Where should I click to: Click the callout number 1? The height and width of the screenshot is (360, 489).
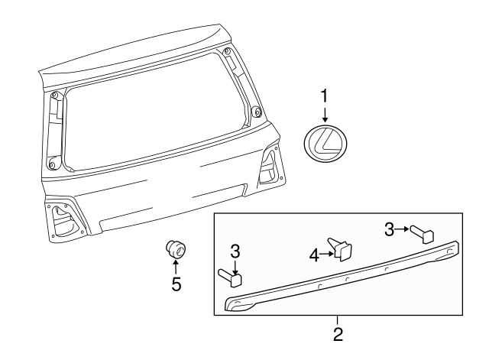(325, 96)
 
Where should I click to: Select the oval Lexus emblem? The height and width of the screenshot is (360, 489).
(325, 143)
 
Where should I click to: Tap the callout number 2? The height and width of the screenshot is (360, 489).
(338, 334)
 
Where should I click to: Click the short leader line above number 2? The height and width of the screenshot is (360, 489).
(338, 319)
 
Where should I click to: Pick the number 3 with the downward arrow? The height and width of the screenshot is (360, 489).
(235, 251)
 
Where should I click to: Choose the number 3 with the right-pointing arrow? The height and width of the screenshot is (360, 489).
(388, 228)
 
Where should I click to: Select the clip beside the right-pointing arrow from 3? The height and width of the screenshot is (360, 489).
(422, 232)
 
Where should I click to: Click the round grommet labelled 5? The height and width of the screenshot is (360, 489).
(175, 248)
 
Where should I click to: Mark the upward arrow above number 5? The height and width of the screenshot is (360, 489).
(175, 267)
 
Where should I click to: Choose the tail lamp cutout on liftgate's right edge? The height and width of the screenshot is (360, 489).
(270, 168)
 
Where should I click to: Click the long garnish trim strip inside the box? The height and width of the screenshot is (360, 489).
(344, 281)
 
